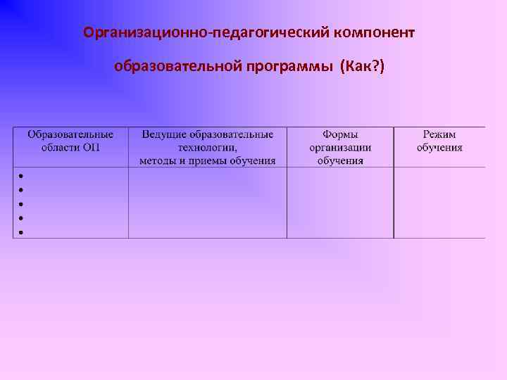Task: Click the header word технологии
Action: [207, 147]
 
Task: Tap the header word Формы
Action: [340, 134]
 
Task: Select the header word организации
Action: [340, 147]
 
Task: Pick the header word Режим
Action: [439, 134]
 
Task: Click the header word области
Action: [61, 147]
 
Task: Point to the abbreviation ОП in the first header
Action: [92, 147]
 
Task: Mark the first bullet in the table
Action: [22, 176]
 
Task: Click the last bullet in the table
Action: [22, 232]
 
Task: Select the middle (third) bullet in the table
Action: [22, 204]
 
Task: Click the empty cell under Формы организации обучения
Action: [340, 203]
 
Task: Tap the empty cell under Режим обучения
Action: [439, 203]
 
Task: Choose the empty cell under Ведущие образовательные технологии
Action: [207, 203]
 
